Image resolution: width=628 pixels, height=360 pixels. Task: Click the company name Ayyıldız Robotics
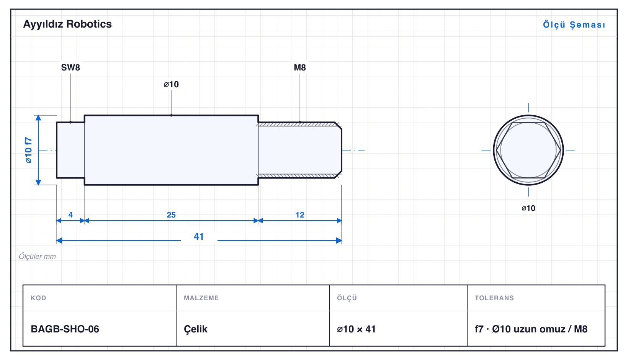67,24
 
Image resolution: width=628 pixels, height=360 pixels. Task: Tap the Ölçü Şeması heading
574,25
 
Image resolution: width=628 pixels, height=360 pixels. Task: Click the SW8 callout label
70,67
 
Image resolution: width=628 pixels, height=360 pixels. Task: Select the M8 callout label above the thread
300,67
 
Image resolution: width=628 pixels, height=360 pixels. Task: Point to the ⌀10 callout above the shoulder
171,84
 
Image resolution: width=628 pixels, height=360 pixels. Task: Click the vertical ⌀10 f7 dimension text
28,150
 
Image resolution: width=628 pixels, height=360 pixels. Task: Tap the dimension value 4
70,215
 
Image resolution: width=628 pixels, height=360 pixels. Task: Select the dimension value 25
171,215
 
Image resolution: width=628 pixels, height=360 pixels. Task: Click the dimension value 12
300,215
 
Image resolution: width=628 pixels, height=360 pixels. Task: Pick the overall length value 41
199,237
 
